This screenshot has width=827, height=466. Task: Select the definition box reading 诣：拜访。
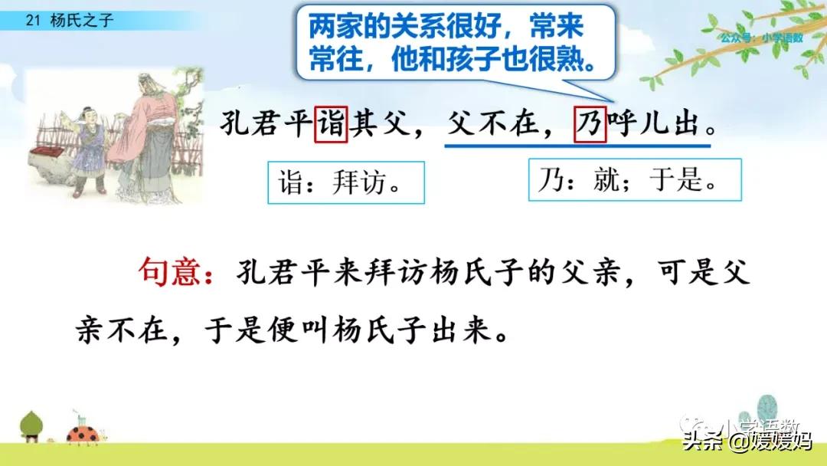click(345, 182)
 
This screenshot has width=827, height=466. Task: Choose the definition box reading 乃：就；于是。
click(624, 179)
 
